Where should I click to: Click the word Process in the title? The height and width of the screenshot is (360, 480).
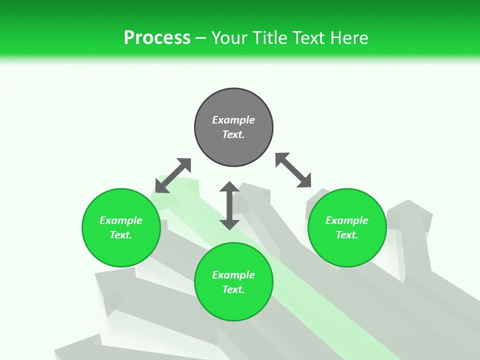[157, 38]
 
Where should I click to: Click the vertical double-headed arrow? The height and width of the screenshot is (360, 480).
[229, 205]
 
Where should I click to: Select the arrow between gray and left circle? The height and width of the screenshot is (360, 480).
[173, 175]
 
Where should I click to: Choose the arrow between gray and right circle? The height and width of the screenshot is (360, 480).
[293, 170]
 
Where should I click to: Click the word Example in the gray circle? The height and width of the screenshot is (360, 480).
[233, 120]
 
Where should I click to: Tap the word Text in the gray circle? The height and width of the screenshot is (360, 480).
[233, 134]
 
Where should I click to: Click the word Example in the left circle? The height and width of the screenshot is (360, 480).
[121, 220]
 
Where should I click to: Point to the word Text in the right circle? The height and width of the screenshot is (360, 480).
[347, 235]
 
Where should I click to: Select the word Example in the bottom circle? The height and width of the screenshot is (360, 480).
[233, 275]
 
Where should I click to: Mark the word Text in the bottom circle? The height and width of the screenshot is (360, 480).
[233, 289]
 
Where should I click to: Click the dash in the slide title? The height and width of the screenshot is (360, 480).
[201, 38]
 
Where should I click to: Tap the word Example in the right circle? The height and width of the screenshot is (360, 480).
[347, 220]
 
